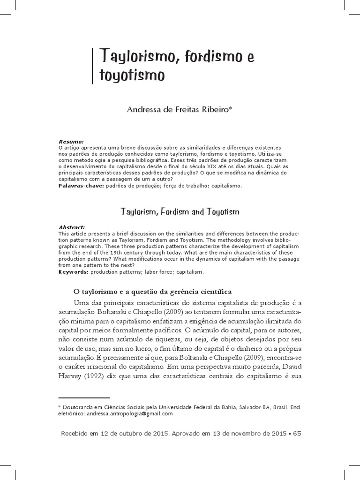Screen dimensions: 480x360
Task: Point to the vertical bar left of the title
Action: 92,65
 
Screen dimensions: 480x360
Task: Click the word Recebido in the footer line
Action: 77,434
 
